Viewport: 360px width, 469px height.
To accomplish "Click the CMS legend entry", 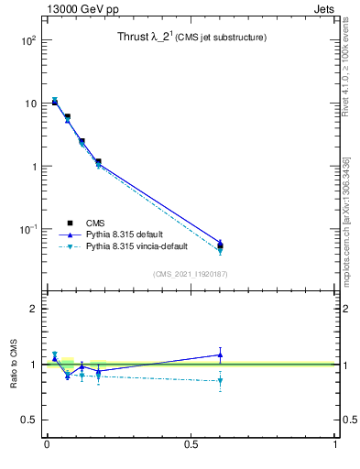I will click(94, 223).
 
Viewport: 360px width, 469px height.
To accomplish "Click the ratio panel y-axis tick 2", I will click(33, 309).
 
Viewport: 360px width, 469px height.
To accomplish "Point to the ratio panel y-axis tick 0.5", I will click(29, 420).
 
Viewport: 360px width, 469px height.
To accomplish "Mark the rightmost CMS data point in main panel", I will click(220, 245).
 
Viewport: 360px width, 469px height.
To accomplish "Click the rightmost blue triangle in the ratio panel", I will click(220, 354).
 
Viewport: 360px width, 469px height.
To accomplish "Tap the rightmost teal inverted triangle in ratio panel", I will click(220, 380).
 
